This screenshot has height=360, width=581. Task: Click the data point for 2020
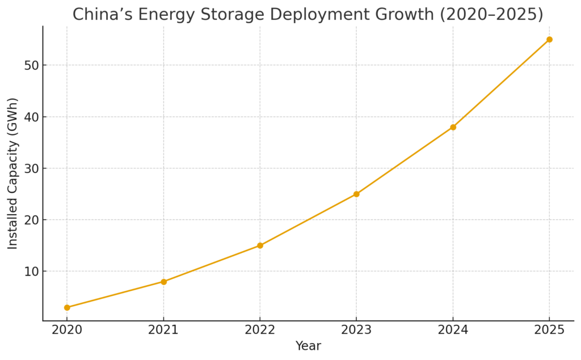tap(67, 307)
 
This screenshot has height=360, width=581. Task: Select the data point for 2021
tap(163, 282)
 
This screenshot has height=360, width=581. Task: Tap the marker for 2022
tap(260, 245)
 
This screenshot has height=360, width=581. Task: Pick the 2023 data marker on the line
tap(356, 194)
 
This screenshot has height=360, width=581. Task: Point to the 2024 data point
tap(453, 127)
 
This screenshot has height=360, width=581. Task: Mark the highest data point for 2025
tap(549, 40)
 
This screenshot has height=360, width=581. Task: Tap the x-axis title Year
tap(308, 346)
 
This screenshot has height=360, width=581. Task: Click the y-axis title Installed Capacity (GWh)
tap(13, 173)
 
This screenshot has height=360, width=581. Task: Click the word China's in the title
tap(99, 15)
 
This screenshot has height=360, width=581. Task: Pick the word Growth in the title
tap(403, 15)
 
